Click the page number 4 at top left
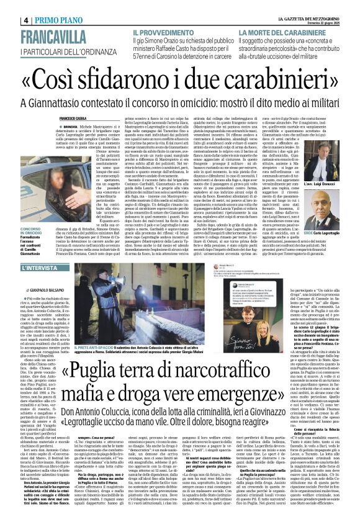coord(9,19)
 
